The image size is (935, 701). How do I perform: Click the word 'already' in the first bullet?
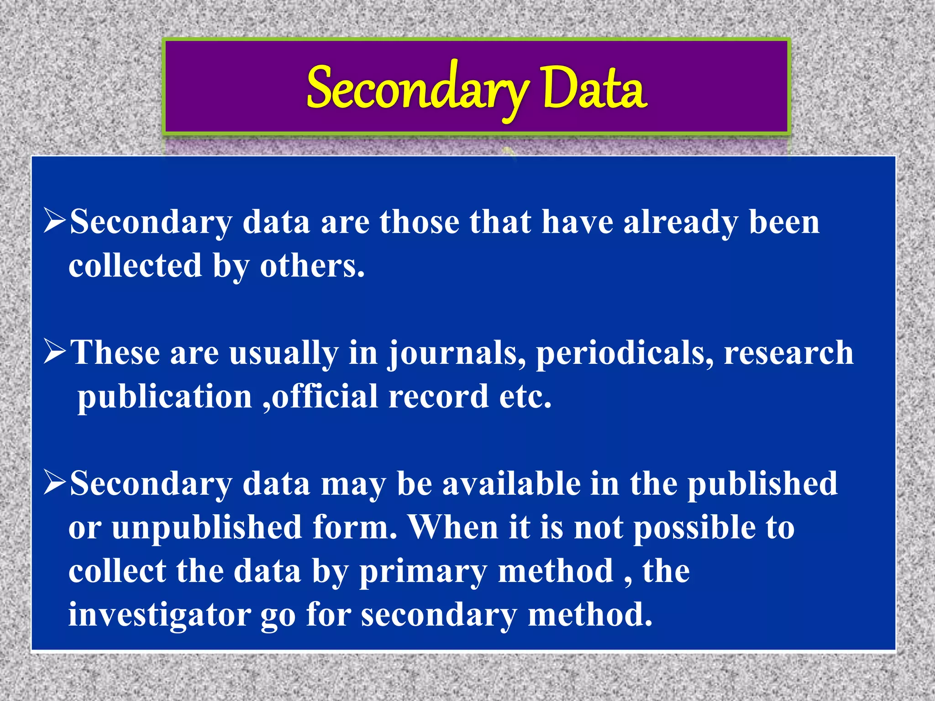(681, 223)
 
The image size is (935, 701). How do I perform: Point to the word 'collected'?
(135, 266)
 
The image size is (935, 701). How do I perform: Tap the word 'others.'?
(313, 266)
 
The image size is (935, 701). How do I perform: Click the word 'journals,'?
(457, 354)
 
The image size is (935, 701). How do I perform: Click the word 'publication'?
(165, 396)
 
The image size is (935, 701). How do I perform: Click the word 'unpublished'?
(207, 528)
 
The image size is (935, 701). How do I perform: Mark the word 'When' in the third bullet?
(453, 527)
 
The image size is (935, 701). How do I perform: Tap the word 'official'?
(325, 396)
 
